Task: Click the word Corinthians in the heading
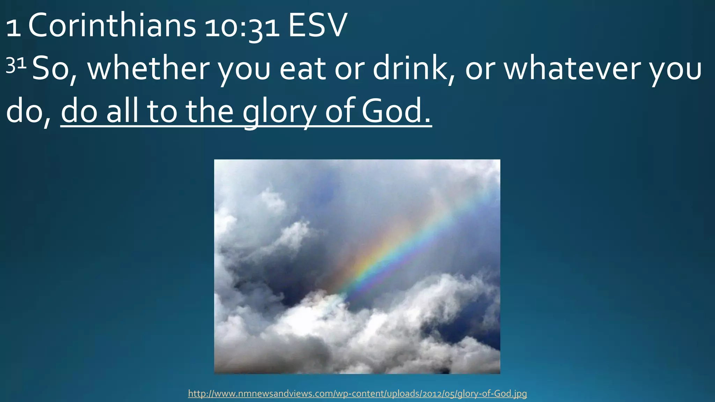click(112, 27)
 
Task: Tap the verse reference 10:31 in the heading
click(242, 28)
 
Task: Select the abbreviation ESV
click(317, 27)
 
